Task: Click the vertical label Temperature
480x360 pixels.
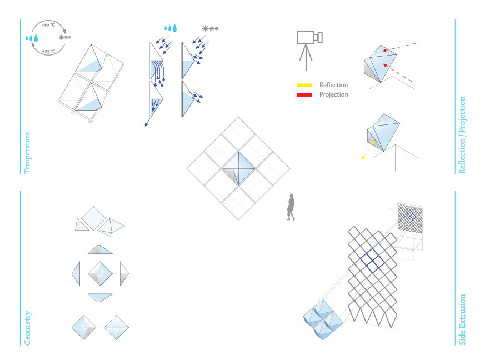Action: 27,153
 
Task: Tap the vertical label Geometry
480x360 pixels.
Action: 27,328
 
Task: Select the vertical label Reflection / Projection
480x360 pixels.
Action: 462,135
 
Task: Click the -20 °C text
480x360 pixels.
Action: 48,24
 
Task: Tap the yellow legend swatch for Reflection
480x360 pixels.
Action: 304,86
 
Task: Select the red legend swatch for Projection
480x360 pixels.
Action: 304,94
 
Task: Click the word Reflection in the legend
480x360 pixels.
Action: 333,86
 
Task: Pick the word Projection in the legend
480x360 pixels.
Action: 333,94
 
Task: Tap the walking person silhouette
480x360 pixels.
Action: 291,207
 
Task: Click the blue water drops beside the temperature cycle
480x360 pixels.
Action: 32,38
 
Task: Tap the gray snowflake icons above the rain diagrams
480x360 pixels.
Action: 209,28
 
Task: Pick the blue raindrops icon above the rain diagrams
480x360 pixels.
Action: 170,28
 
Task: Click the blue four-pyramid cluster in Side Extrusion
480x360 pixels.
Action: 324,320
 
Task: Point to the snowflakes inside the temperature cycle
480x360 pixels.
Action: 65,38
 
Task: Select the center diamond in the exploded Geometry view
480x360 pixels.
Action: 100,273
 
